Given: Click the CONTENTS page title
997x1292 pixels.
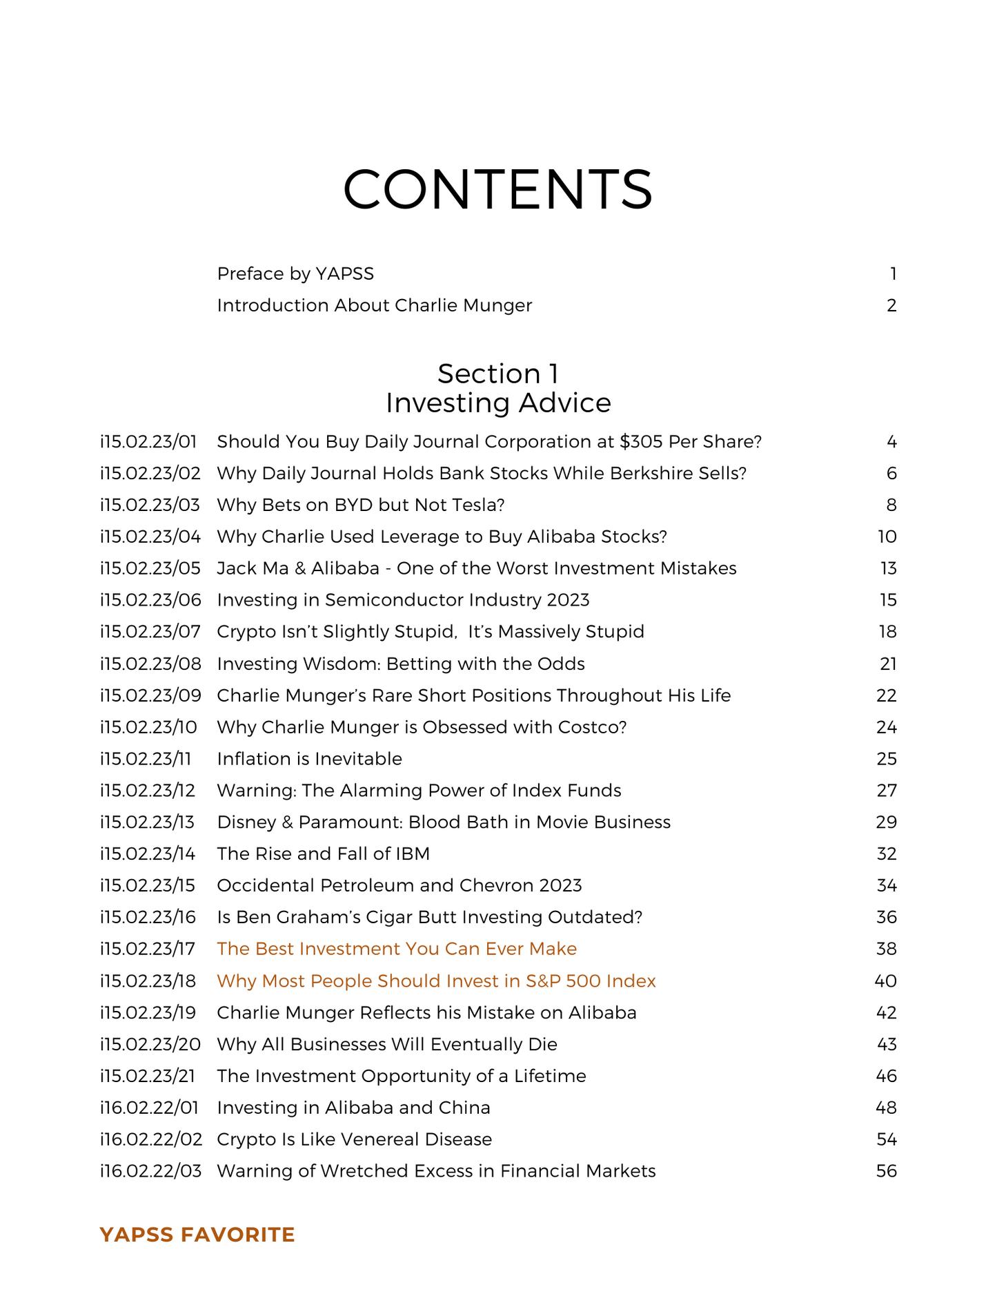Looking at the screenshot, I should pyautogui.click(x=497, y=189).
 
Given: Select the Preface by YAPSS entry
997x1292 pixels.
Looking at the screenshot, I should pyautogui.click(x=295, y=274).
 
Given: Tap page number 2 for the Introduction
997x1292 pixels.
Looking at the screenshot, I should pyautogui.click(x=891, y=305).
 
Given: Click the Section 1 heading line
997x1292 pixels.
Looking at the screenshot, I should pyautogui.click(x=497, y=374).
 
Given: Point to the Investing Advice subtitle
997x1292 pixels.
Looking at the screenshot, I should pyautogui.click(x=497, y=403).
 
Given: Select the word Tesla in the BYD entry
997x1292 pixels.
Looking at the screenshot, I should pyautogui.click(x=480, y=505).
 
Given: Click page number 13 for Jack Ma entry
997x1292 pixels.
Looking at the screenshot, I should pyautogui.click(x=888, y=568).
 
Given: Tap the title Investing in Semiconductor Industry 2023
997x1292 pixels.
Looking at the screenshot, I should pyautogui.click(x=403, y=600).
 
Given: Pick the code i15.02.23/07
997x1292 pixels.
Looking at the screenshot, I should pyautogui.click(x=150, y=632).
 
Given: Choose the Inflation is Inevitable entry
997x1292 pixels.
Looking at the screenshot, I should pyautogui.click(x=309, y=759).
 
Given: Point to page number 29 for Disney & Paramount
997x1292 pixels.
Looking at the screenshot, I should pyautogui.click(x=887, y=822).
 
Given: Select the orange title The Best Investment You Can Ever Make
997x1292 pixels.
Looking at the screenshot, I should pyautogui.click(x=397, y=949).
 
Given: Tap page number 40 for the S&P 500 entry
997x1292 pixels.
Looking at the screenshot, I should pyautogui.click(x=886, y=981).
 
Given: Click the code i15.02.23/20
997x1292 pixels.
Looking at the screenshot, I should pyautogui.click(x=150, y=1044).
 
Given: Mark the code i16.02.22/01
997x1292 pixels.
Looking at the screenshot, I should pyautogui.click(x=149, y=1108).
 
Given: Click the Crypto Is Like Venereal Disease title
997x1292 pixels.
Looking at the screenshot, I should pyautogui.click(x=354, y=1139).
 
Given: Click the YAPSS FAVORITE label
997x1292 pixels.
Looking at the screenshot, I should pyautogui.click(x=197, y=1235).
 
